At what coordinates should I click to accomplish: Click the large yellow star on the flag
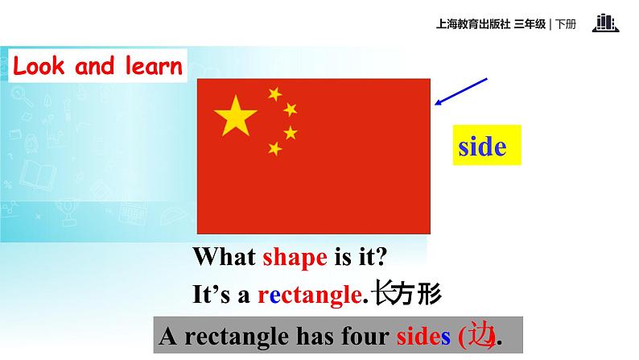tap(235, 116)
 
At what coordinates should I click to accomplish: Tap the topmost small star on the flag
tap(274, 94)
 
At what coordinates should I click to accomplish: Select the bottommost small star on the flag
tap(275, 148)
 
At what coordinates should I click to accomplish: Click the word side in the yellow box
tap(482, 147)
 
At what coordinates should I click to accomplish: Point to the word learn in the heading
tap(152, 66)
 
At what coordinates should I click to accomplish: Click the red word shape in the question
tap(295, 258)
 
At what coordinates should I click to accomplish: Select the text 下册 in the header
tap(566, 23)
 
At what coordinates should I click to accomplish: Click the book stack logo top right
tap(605, 23)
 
